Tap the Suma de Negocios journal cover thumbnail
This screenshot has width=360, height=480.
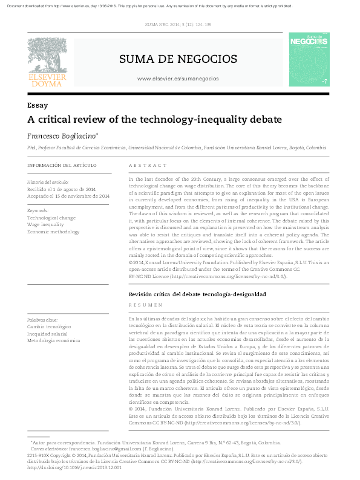click(309, 59)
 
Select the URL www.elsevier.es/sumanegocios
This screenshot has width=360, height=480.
click(178, 79)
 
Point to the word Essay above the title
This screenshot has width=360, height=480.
click(38, 105)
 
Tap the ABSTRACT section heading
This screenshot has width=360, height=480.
click(148, 165)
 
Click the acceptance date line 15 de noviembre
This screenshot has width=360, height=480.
click(68, 196)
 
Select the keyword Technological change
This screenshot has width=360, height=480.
click(51, 218)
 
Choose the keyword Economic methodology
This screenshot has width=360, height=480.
click(53, 232)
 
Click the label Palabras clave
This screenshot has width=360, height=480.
click(42, 319)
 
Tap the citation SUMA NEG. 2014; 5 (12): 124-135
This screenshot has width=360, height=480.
click(178, 25)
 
